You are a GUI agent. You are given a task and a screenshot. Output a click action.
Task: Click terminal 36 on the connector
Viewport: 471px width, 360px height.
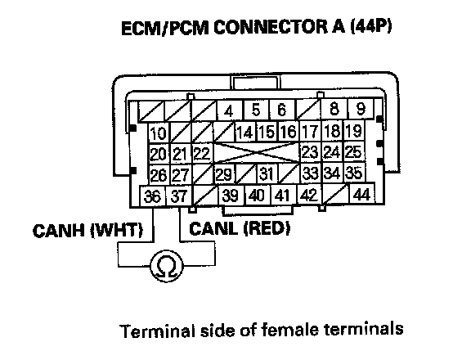153,196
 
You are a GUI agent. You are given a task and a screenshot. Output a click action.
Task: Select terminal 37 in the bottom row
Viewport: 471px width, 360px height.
179,196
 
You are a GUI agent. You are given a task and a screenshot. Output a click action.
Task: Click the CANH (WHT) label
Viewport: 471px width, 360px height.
87,231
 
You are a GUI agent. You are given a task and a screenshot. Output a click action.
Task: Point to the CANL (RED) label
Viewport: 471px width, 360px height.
240,228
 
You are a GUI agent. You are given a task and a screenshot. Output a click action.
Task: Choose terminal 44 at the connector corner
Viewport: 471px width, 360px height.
361,194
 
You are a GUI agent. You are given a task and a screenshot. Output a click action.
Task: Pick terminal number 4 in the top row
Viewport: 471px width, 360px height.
230,110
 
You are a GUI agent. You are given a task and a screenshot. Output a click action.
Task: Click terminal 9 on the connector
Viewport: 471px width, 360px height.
361,109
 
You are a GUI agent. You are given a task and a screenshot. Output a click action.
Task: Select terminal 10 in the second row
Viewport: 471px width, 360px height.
159,133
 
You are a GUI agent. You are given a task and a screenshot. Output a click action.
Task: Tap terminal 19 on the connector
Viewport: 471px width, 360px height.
354,130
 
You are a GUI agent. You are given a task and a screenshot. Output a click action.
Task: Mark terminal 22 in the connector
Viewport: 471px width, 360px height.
202,154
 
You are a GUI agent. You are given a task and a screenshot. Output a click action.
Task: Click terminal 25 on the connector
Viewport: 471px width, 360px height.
354,151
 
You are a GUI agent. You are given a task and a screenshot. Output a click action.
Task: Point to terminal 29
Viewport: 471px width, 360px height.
224,174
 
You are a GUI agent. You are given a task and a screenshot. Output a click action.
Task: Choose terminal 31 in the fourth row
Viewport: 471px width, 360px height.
267,173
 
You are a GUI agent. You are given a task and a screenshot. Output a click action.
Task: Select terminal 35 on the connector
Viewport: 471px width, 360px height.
354,173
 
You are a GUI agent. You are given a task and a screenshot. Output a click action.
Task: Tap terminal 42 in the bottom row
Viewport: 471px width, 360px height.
309,195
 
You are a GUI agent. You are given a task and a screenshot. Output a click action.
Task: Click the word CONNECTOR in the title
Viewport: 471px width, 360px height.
270,28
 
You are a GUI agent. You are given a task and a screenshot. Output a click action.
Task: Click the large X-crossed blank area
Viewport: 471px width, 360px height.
257,153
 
